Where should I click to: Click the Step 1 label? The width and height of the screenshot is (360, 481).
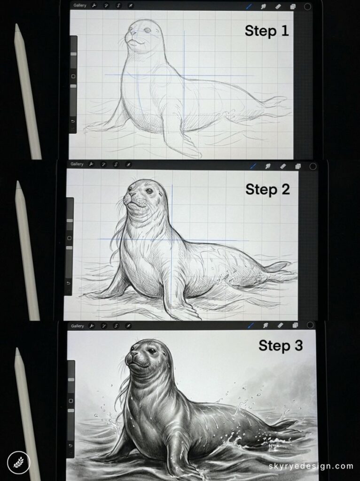tap(267, 31)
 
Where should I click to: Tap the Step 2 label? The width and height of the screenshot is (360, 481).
tap(267, 190)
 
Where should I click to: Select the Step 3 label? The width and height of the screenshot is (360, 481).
tap(281, 346)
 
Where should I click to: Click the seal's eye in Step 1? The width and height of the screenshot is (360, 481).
tap(148, 30)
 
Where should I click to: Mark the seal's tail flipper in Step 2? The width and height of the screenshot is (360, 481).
tap(277, 266)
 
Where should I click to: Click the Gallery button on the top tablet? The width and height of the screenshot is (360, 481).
tap(80, 5)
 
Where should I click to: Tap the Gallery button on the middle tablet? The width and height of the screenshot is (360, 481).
tap(77, 164)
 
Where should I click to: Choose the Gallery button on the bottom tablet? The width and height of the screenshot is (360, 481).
tap(78, 326)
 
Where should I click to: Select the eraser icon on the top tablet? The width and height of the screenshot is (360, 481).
tap(278, 7)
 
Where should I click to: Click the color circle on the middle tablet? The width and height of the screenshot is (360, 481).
tap(313, 166)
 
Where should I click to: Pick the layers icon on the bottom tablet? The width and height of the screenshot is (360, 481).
tap(295, 325)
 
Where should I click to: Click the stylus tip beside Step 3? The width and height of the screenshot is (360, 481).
tap(18, 350)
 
